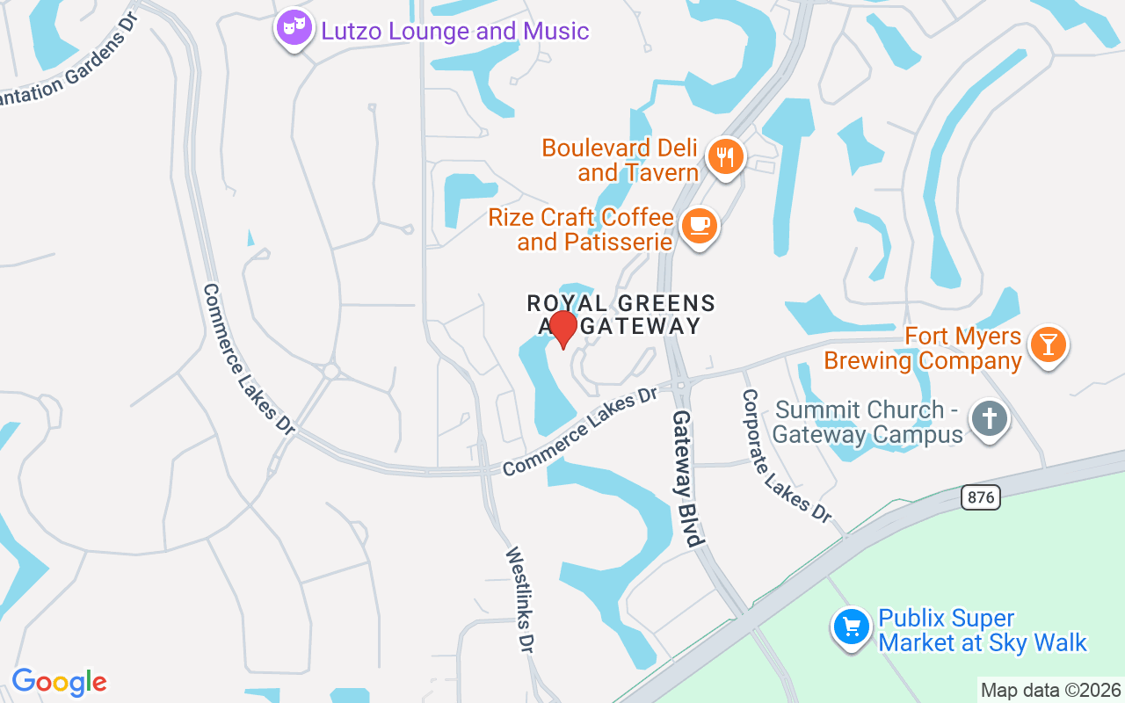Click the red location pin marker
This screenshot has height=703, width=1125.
click(562, 329)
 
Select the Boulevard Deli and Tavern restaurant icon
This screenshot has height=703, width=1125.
click(725, 158)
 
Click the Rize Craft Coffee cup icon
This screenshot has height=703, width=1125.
click(700, 226)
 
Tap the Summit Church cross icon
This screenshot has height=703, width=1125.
click(990, 419)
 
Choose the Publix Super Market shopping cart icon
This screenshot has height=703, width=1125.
click(851, 627)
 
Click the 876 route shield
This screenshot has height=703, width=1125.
click(980, 497)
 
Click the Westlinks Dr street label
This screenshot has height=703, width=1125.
click(519, 599)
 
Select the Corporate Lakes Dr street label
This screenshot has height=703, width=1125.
click(786, 456)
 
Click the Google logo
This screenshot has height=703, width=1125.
click(59, 682)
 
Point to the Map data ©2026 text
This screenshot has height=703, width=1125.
click(1050, 690)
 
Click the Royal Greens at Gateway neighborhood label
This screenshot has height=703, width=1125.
click(621, 315)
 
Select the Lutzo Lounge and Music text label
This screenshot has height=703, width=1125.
click(454, 32)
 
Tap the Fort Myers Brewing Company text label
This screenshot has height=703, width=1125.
click(923, 349)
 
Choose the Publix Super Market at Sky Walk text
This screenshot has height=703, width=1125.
click(983, 631)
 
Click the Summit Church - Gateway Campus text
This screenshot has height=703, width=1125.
click(868, 423)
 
